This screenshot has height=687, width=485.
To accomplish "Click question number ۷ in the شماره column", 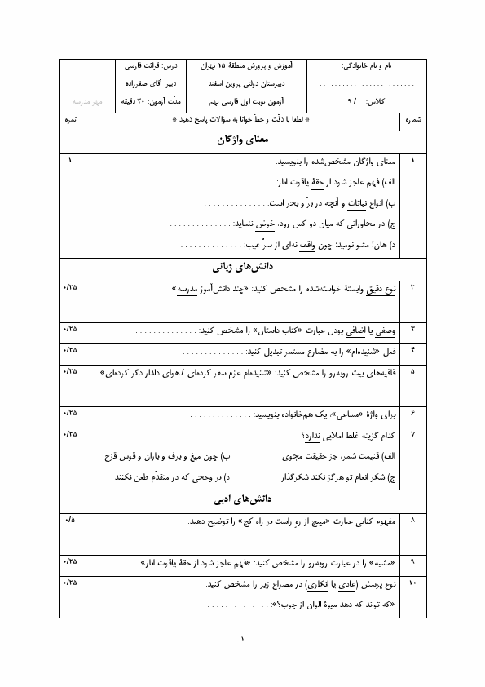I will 412,433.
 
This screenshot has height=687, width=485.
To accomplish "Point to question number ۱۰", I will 412,584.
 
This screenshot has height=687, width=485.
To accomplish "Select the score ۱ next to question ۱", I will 70,162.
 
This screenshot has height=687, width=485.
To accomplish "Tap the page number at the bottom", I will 242,639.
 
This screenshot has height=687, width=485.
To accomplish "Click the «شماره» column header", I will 412,120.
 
